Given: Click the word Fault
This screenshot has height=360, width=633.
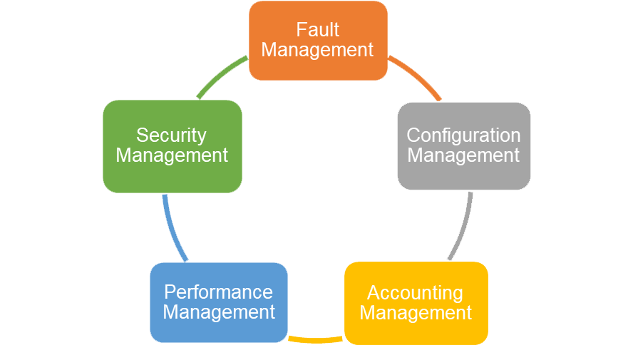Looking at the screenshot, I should pos(318,30).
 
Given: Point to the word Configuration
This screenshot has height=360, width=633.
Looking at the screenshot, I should pos(463,135).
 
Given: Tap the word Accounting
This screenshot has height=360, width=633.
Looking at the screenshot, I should pos(415,292).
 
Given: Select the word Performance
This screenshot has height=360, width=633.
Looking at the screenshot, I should pos(218,292).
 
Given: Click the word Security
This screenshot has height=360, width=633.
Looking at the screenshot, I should pos(171,135).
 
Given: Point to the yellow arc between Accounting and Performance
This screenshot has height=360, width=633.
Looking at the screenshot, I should pos(316,340).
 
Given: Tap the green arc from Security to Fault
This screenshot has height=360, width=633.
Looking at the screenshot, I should pos(221,76).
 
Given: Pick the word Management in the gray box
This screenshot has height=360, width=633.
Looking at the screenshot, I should pos(463,155).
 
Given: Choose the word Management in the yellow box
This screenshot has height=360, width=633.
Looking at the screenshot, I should pos(416,312).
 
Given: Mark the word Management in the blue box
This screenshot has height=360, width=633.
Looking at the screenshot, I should pos(219,312).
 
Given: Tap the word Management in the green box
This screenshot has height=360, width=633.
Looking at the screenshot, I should pos(172,155).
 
